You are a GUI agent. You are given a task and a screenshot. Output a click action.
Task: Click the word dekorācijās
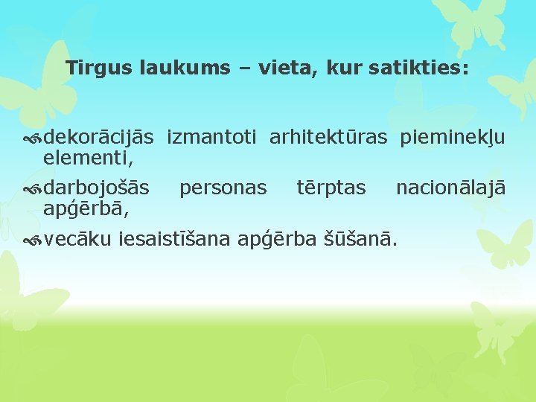[99, 137]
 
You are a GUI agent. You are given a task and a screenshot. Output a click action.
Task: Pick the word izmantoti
[212, 137]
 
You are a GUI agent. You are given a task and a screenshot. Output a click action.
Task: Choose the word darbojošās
[96, 188]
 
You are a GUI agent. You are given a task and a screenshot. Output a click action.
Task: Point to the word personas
[223, 189]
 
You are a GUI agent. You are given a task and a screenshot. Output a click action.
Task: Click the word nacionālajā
[450, 188]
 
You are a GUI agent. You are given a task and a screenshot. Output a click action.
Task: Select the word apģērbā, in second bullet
[86, 209]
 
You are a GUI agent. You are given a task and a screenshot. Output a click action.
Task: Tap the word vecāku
[78, 240]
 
